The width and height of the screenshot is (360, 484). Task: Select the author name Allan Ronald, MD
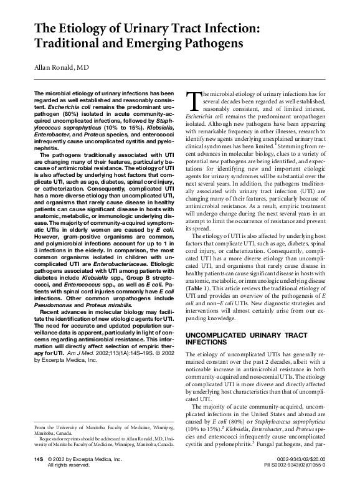61,68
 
